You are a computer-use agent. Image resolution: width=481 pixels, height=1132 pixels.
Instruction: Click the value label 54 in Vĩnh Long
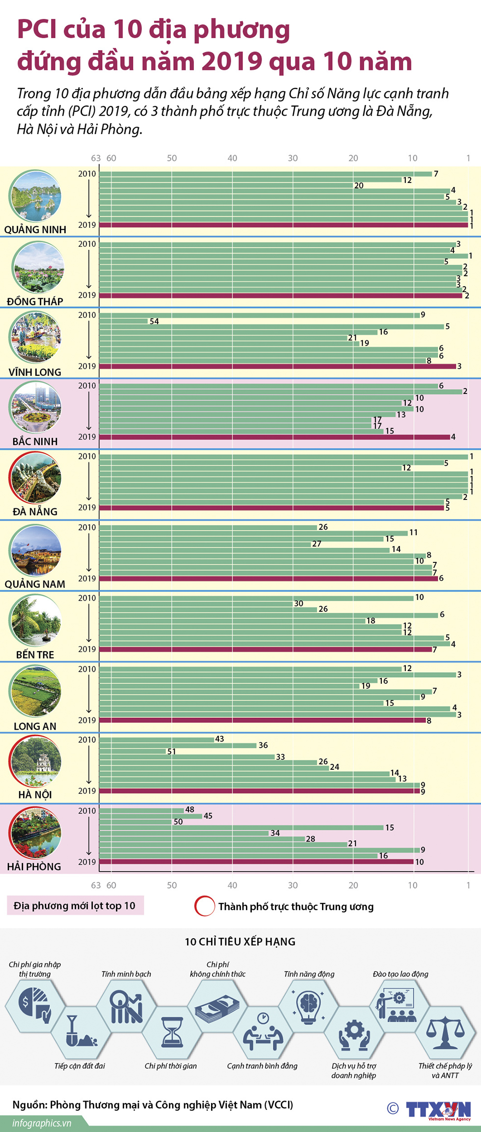click(x=154, y=321)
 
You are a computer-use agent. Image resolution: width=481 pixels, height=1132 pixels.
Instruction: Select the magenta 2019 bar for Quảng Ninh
click(x=284, y=225)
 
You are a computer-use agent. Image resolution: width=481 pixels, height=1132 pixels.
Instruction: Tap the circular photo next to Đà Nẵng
click(x=35, y=478)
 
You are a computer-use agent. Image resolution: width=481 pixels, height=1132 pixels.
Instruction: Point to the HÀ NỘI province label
click(x=35, y=794)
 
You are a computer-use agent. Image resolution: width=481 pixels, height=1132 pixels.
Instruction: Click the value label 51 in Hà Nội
click(x=171, y=751)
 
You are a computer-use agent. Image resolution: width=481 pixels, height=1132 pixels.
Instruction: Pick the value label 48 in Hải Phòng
click(x=189, y=810)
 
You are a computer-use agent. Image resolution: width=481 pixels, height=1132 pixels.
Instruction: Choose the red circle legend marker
click(x=205, y=906)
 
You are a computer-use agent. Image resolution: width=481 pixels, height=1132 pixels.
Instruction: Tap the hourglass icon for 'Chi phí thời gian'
click(x=172, y=1031)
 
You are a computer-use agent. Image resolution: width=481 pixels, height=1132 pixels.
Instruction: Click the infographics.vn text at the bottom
click(x=42, y=1123)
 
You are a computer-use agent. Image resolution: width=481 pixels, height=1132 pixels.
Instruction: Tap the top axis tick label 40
click(x=232, y=158)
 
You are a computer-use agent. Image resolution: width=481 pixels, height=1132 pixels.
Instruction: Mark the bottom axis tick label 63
click(x=96, y=886)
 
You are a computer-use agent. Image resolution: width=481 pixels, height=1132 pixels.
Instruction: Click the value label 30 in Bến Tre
click(x=298, y=604)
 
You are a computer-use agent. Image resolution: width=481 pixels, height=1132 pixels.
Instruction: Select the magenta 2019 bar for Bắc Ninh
click(x=275, y=437)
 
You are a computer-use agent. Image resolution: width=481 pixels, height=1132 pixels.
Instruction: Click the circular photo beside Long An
click(x=35, y=691)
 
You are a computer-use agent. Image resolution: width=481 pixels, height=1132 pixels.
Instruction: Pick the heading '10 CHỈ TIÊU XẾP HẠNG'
click(x=240, y=942)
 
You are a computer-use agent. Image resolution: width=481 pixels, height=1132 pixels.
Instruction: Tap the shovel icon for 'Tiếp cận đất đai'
click(x=80, y=1032)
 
